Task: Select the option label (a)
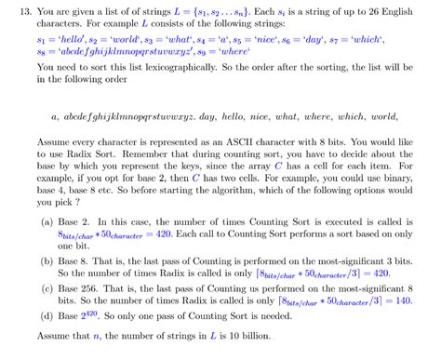pos(47,224)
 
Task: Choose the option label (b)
pos(47,263)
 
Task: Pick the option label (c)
pos(47,289)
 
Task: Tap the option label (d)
pos(47,315)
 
